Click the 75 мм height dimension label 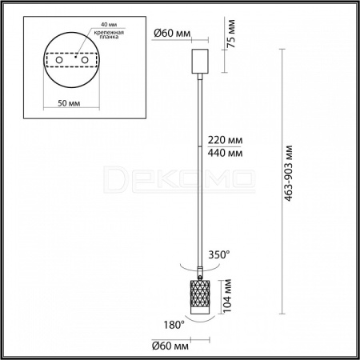[231, 34]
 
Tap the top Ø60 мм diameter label [172, 34]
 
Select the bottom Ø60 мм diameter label [170, 346]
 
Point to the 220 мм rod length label [225, 140]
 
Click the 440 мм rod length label [225, 153]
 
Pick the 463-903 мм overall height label [288, 174]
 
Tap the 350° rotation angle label [218, 254]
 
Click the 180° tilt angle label [174, 325]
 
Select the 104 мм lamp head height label [227, 296]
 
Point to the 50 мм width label [69, 103]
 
